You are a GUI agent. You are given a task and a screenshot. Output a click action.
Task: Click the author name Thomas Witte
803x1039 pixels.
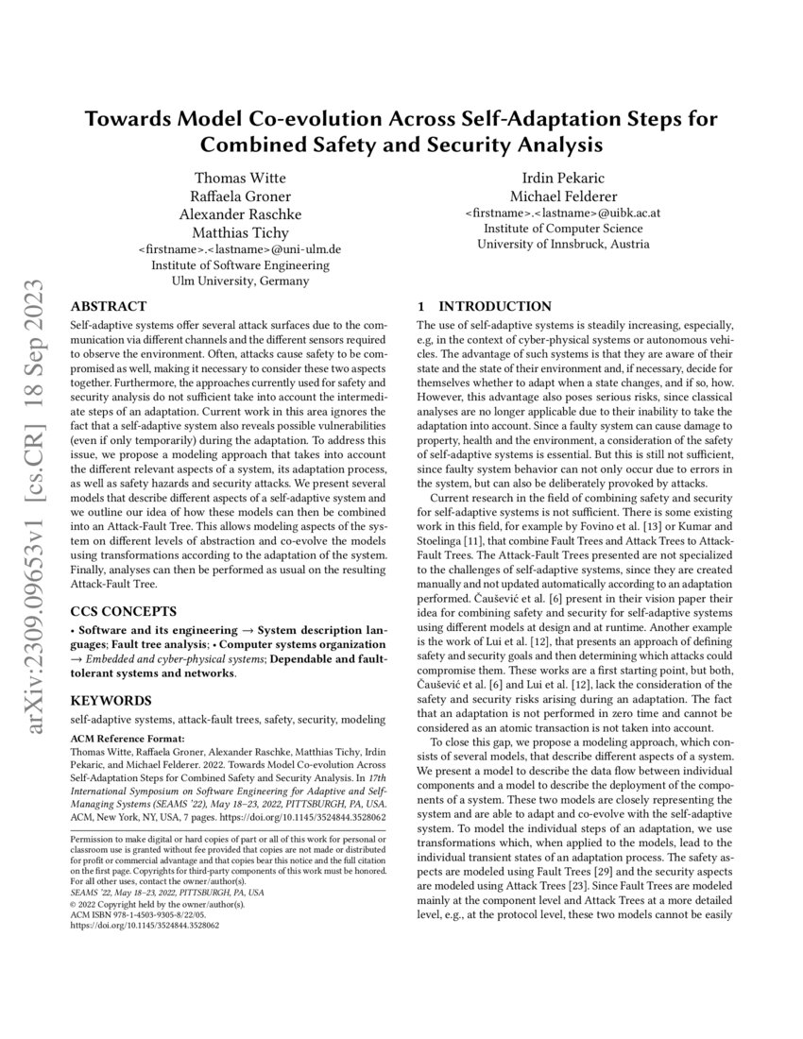(239, 178)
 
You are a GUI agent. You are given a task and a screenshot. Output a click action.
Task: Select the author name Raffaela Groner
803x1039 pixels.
(239, 196)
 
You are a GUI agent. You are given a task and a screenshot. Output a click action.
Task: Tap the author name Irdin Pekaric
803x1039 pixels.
(563, 178)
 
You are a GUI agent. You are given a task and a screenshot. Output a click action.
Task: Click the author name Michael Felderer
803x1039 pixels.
(563, 196)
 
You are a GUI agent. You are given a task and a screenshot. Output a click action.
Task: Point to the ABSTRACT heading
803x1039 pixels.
(109, 306)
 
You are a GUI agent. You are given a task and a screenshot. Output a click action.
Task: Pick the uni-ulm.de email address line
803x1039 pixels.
(239, 248)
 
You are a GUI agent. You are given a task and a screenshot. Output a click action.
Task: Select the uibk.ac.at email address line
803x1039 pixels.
(563, 213)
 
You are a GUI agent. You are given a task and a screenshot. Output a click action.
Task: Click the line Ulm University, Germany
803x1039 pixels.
(239, 281)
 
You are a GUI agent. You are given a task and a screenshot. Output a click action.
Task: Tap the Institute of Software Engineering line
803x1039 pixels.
(239, 265)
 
